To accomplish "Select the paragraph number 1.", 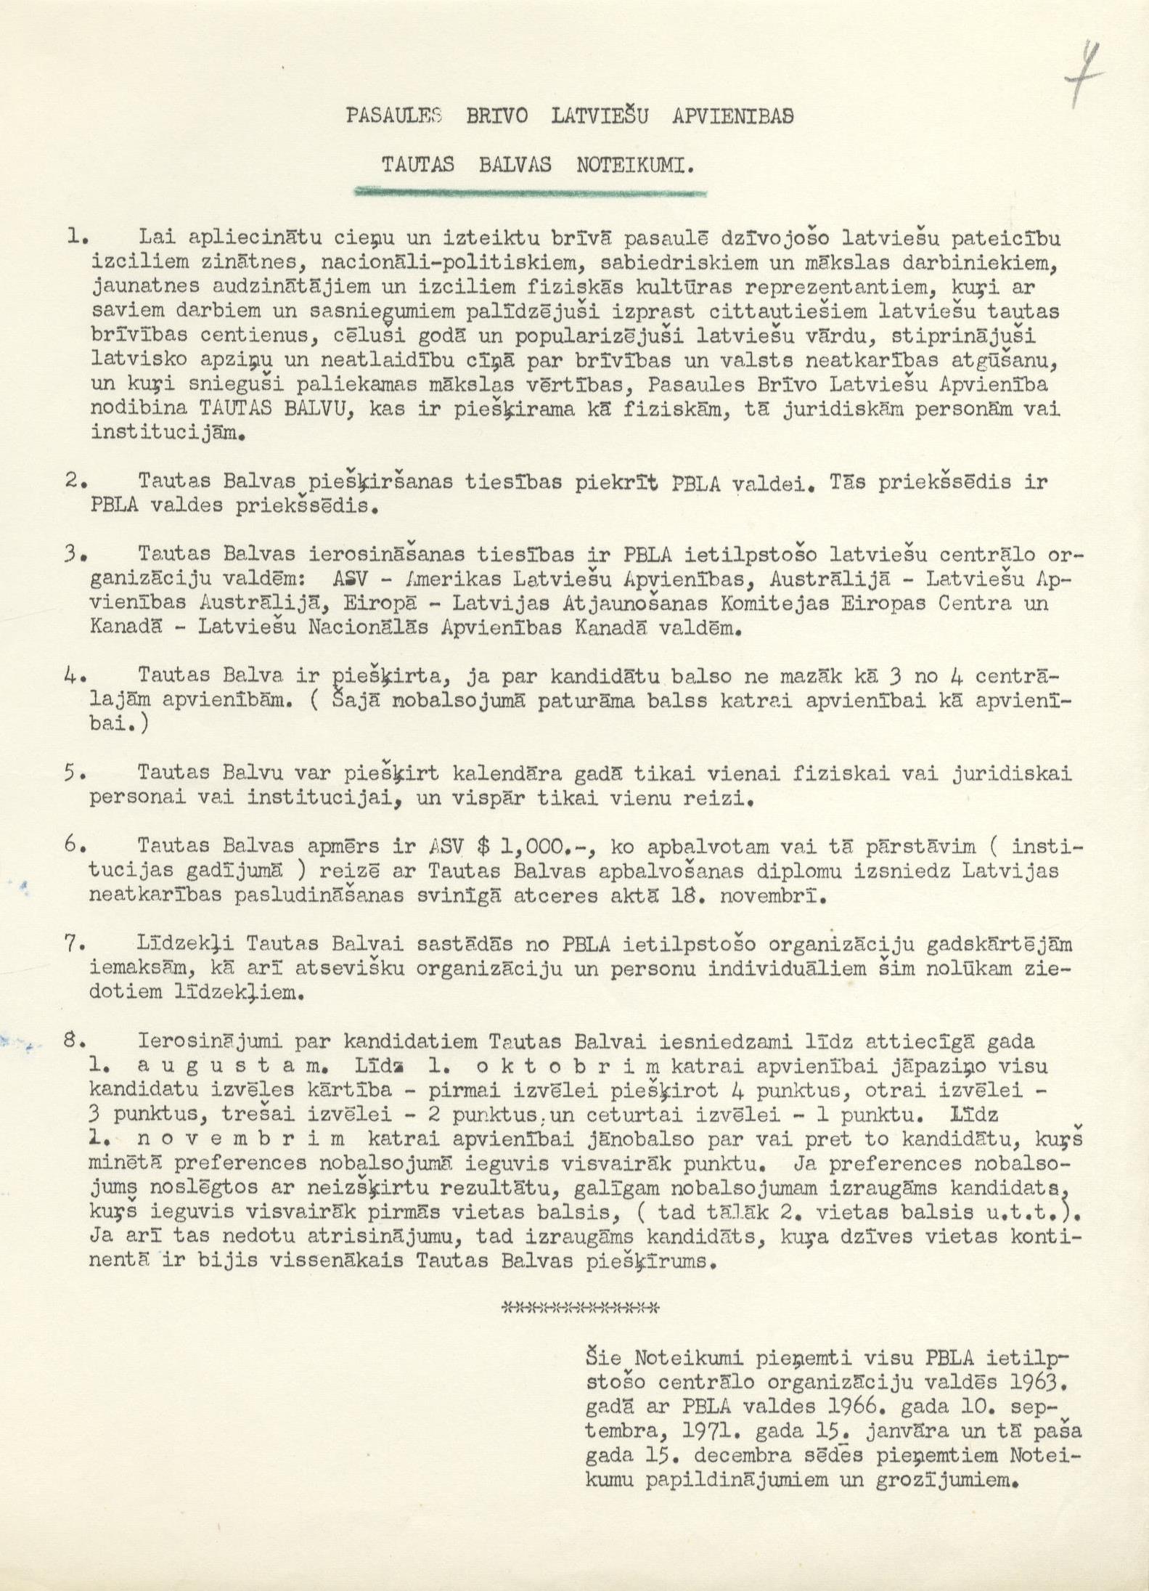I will tap(76, 237).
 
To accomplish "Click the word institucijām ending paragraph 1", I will tap(164, 434).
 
